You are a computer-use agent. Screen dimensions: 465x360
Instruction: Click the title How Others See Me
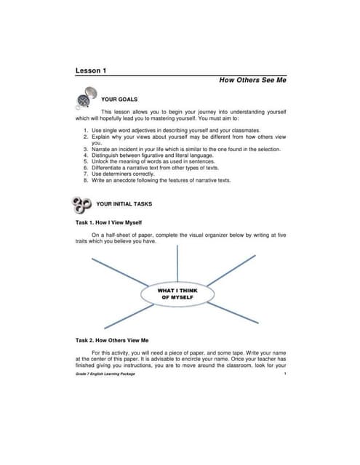(252, 81)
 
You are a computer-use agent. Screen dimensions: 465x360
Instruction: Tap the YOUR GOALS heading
(119, 98)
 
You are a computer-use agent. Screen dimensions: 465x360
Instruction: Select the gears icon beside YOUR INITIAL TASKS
(81, 205)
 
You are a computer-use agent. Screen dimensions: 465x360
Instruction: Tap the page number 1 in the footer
(285, 374)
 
